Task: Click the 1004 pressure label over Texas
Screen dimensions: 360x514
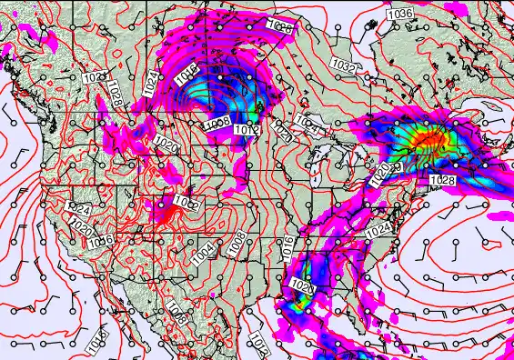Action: coord(203,253)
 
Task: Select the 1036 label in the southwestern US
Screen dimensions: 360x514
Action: coord(101,239)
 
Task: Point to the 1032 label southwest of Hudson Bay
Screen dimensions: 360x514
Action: coord(343,66)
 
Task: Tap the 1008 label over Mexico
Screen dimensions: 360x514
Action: coord(178,317)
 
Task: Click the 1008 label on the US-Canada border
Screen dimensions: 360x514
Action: coord(217,123)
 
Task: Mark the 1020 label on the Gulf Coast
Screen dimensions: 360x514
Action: coord(301,287)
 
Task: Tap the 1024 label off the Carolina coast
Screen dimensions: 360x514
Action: coord(378,231)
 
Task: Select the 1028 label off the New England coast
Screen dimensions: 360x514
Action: coord(442,181)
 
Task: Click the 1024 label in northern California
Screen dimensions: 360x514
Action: coord(79,208)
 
